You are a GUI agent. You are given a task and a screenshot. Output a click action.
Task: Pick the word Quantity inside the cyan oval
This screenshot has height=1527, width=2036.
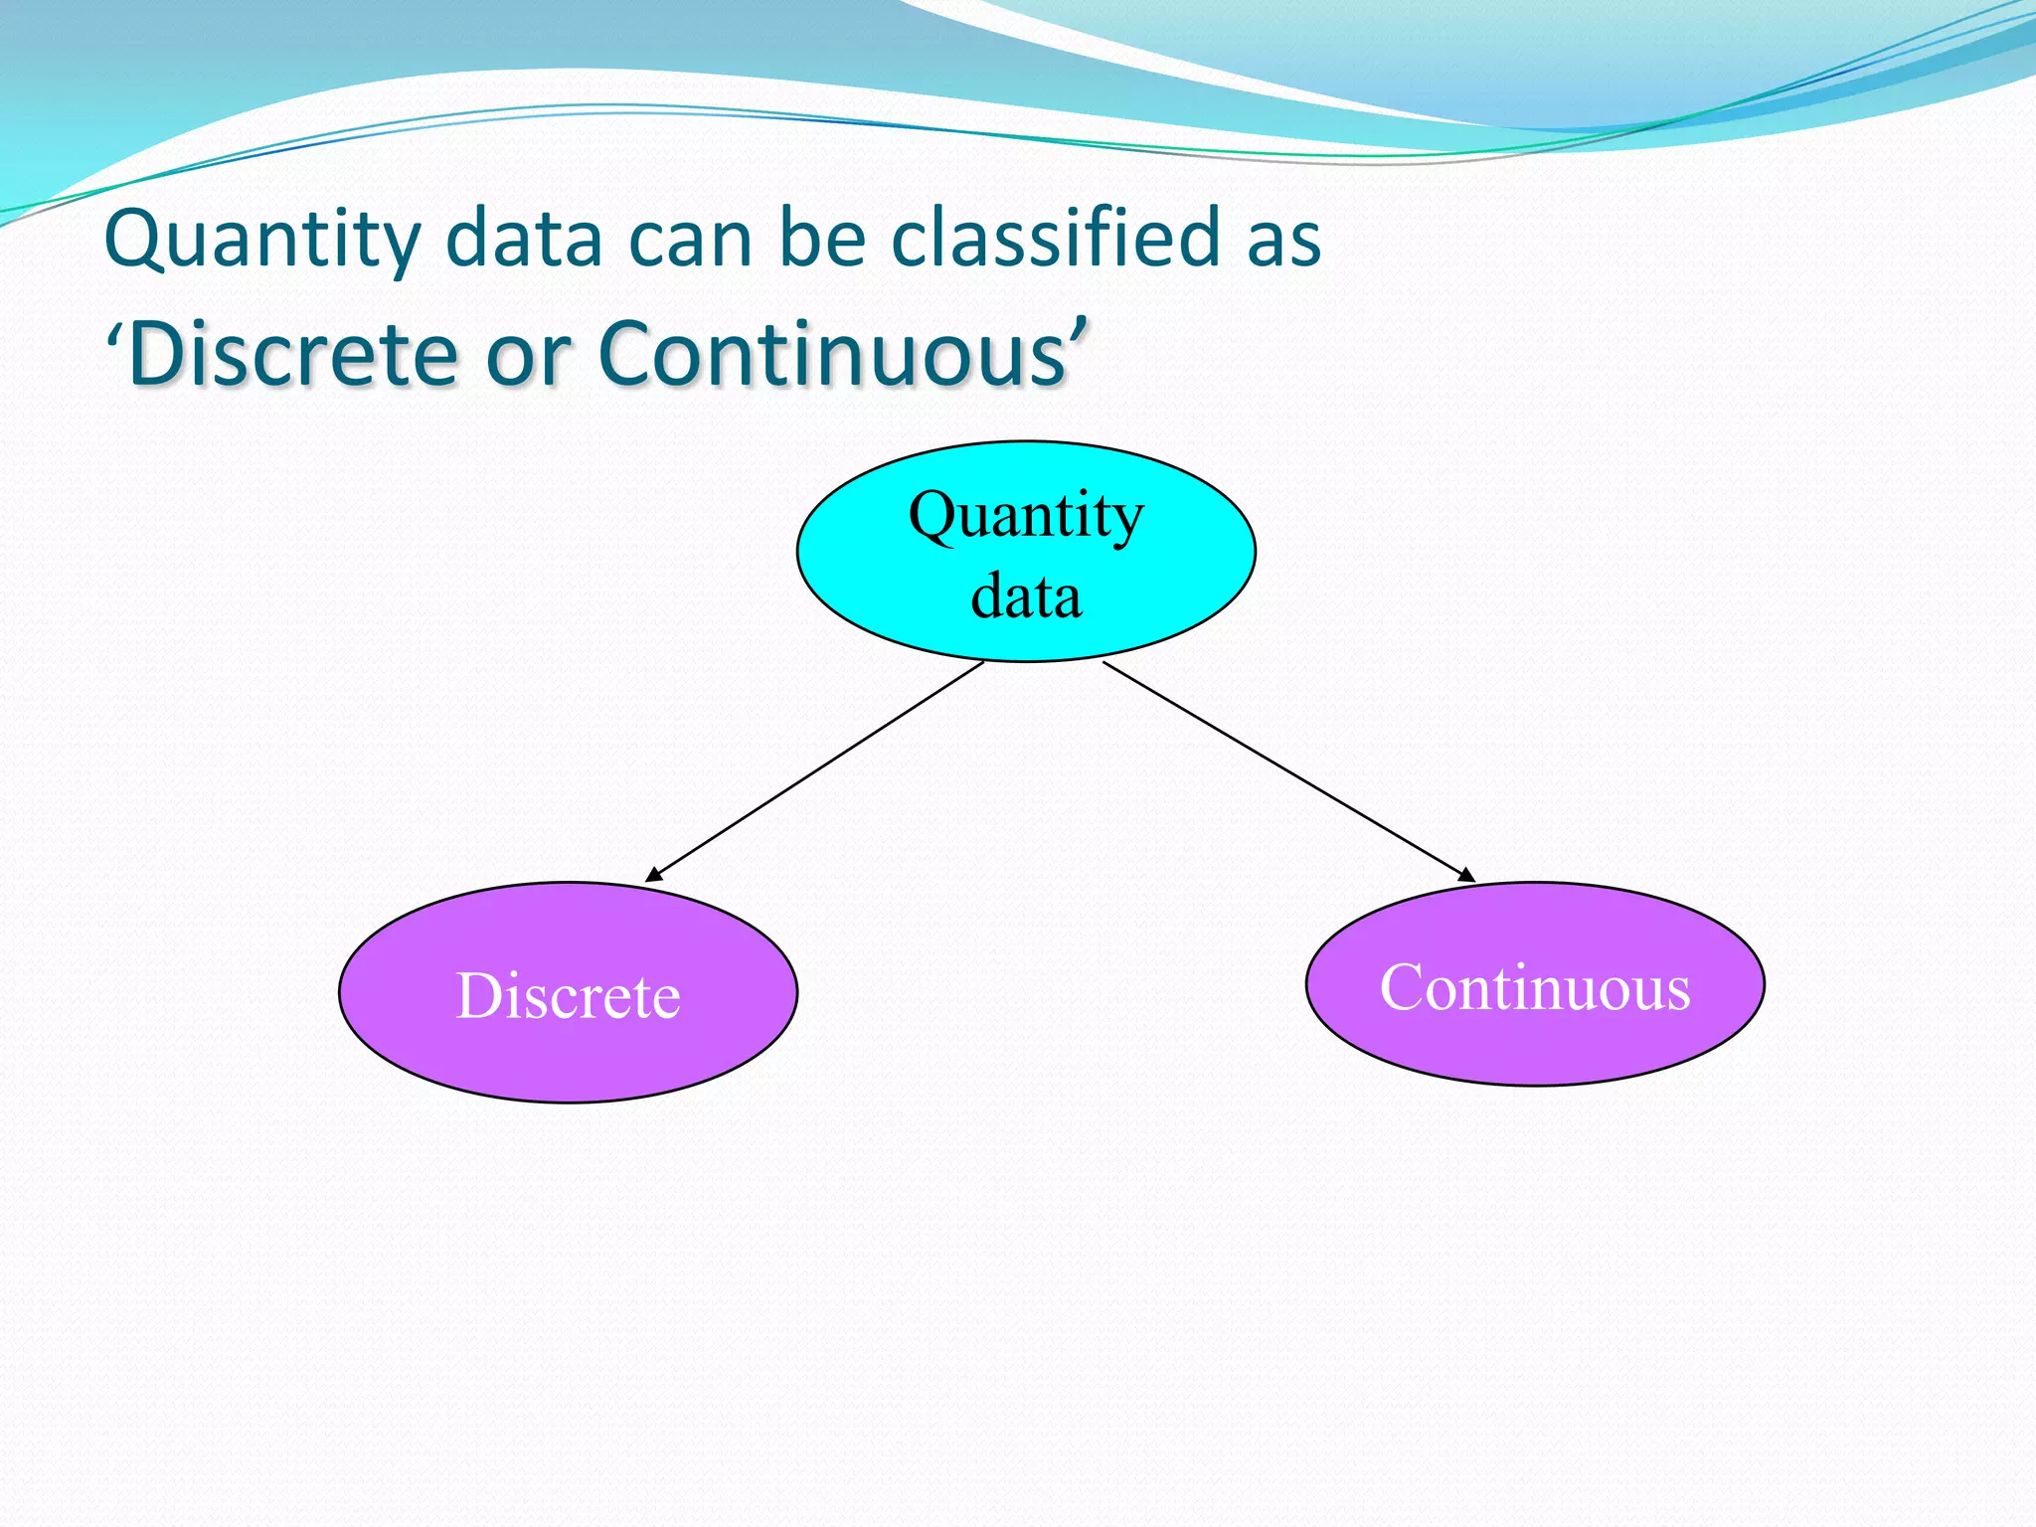[x=1026, y=516]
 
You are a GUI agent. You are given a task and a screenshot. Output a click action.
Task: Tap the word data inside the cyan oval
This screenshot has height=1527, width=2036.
[x=1026, y=596]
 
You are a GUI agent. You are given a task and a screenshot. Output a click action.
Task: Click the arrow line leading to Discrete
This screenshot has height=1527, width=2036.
[x=815, y=771]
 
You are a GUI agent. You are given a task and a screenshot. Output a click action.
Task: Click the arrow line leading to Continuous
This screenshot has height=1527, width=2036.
[x=1288, y=771]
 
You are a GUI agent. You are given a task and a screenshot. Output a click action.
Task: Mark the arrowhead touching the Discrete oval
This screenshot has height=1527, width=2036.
[x=653, y=876]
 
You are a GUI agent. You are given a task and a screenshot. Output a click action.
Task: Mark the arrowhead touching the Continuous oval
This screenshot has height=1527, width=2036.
[x=1466, y=875]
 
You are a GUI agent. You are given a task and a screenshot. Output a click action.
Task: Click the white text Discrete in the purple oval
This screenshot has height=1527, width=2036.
[x=568, y=995]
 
